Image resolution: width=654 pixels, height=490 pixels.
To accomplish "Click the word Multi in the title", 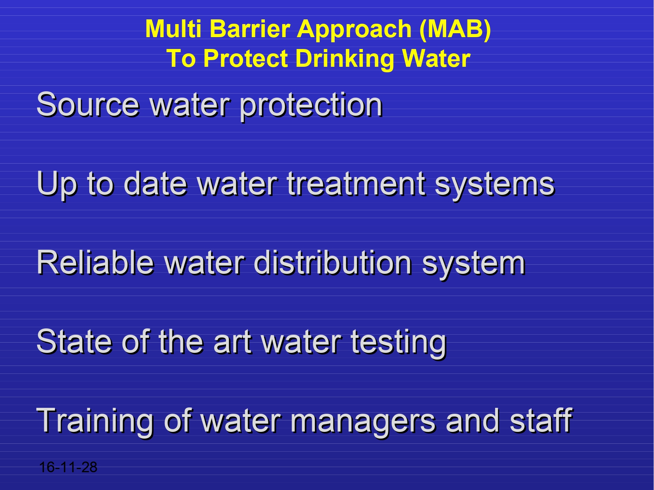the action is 173,28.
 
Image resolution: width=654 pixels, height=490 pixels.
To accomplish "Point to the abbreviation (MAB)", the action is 455,30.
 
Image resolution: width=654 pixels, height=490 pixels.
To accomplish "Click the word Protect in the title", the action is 245,58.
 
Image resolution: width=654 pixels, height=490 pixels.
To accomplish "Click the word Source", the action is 88,104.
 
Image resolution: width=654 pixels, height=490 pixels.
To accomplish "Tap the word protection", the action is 311,107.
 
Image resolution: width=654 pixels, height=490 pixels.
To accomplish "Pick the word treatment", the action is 356,183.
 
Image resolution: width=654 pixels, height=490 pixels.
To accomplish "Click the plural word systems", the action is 495,186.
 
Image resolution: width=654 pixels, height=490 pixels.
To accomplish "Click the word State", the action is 74,341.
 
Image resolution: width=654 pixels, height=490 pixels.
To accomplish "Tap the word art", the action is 232,342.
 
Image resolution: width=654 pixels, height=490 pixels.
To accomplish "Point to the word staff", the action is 541,420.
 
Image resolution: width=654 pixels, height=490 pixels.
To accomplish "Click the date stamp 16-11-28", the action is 68,467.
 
